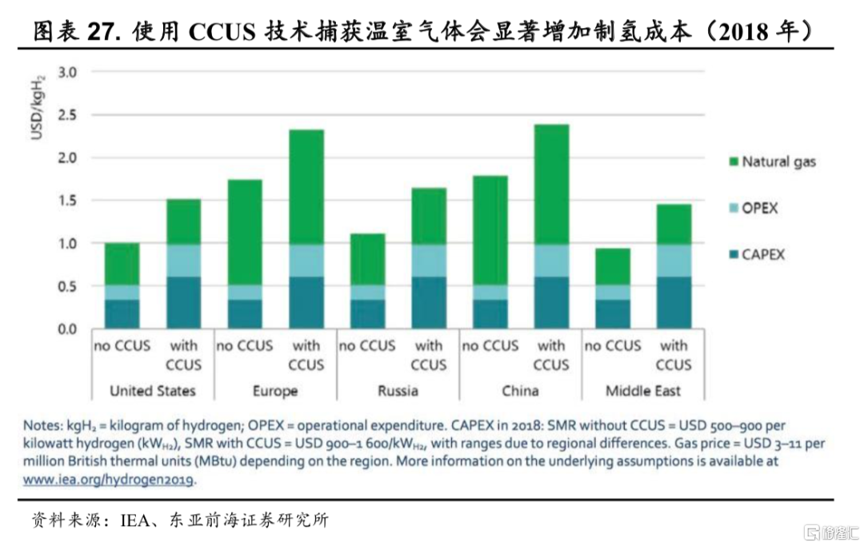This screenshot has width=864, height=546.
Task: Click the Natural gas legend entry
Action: click(x=778, y=162)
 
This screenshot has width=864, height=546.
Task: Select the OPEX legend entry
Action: click(x=759, y=209)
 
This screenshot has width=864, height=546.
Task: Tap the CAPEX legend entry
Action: click(x=763, y=255)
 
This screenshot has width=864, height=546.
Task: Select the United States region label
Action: click(x=152, y=391)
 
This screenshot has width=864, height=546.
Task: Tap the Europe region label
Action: click(x=274, y=391)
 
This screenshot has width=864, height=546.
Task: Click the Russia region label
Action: click(x=398, y=391)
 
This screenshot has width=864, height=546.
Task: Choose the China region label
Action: click(x=520, y=391)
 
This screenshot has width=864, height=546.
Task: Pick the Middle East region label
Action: click(x=643, y=391)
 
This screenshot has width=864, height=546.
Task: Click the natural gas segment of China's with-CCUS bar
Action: click(x=551, y=184)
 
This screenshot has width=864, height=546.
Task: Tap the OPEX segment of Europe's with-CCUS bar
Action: click(x=306, y=260)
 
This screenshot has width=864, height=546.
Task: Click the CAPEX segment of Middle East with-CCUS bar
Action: click(x=674, y=302)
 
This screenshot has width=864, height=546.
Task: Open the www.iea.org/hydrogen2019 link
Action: click(x=109, y=480)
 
